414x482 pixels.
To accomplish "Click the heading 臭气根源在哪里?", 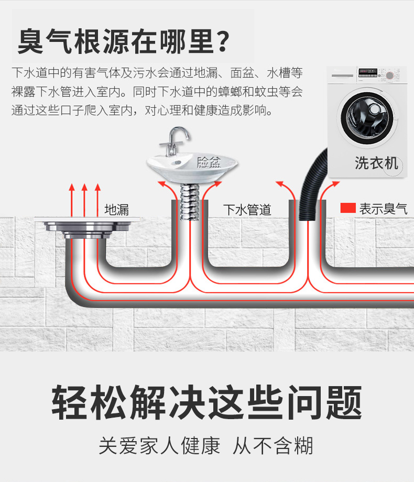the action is [123, 42].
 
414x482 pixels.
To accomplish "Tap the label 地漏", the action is [116, 210].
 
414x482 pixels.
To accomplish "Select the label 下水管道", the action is [247, 210].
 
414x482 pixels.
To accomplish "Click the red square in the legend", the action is [347, 208].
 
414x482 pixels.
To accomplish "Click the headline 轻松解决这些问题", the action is [206, 402].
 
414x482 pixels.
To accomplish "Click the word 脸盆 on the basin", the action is [209, 162].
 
